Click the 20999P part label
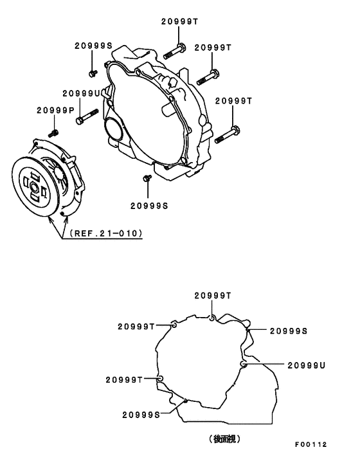tap(56, 110)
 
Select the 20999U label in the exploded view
tap(82, 93)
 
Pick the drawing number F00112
tap(311, 444)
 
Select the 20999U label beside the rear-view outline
tap(307, 365)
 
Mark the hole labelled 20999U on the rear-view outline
tap(244, 365)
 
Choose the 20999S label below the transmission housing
tap(148, 206)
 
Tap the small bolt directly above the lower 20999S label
tap(147, 178)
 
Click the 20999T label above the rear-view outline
tap(213, 295)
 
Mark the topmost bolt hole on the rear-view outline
tap(212, 316)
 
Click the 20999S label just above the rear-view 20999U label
tap(288, 331)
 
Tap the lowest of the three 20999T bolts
tap(228, 135)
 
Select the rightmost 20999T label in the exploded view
tap(233, 101)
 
